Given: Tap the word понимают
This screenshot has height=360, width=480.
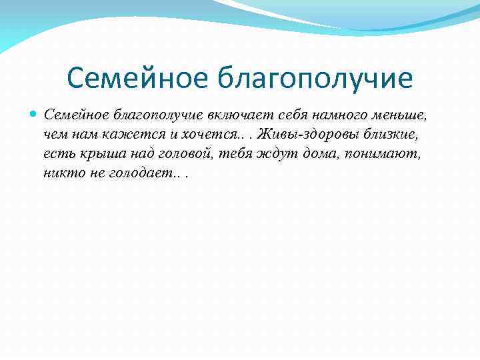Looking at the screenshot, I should tap(382, 153).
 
